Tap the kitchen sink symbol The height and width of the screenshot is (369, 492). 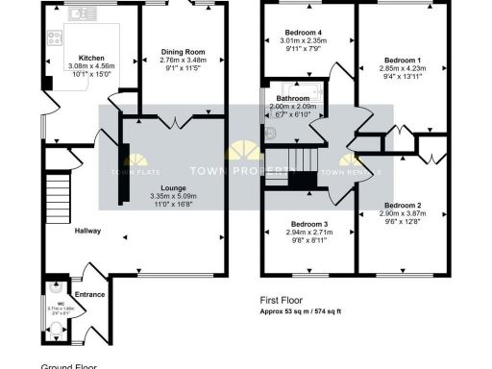click(x=82, y=13)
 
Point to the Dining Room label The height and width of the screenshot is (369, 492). click(x=182, y=51)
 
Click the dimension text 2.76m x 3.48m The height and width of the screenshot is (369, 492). click(x=182, y=61)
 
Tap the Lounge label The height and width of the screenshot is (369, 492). click(x=173, y=188)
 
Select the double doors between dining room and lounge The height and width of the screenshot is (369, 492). click(x=172, y=121)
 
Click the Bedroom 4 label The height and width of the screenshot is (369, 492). click(x=304, y=32)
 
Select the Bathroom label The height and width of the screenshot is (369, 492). click(x=293, y=98)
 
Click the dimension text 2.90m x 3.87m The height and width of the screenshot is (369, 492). click(x=403, y=214)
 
